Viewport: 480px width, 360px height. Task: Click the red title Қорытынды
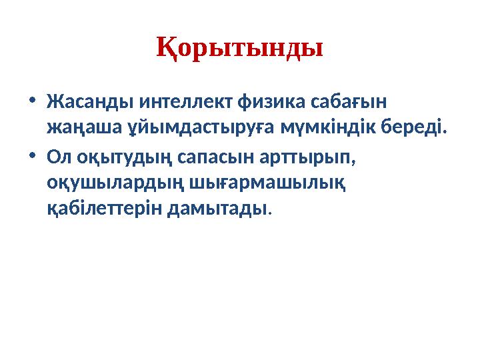coord(240,47)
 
